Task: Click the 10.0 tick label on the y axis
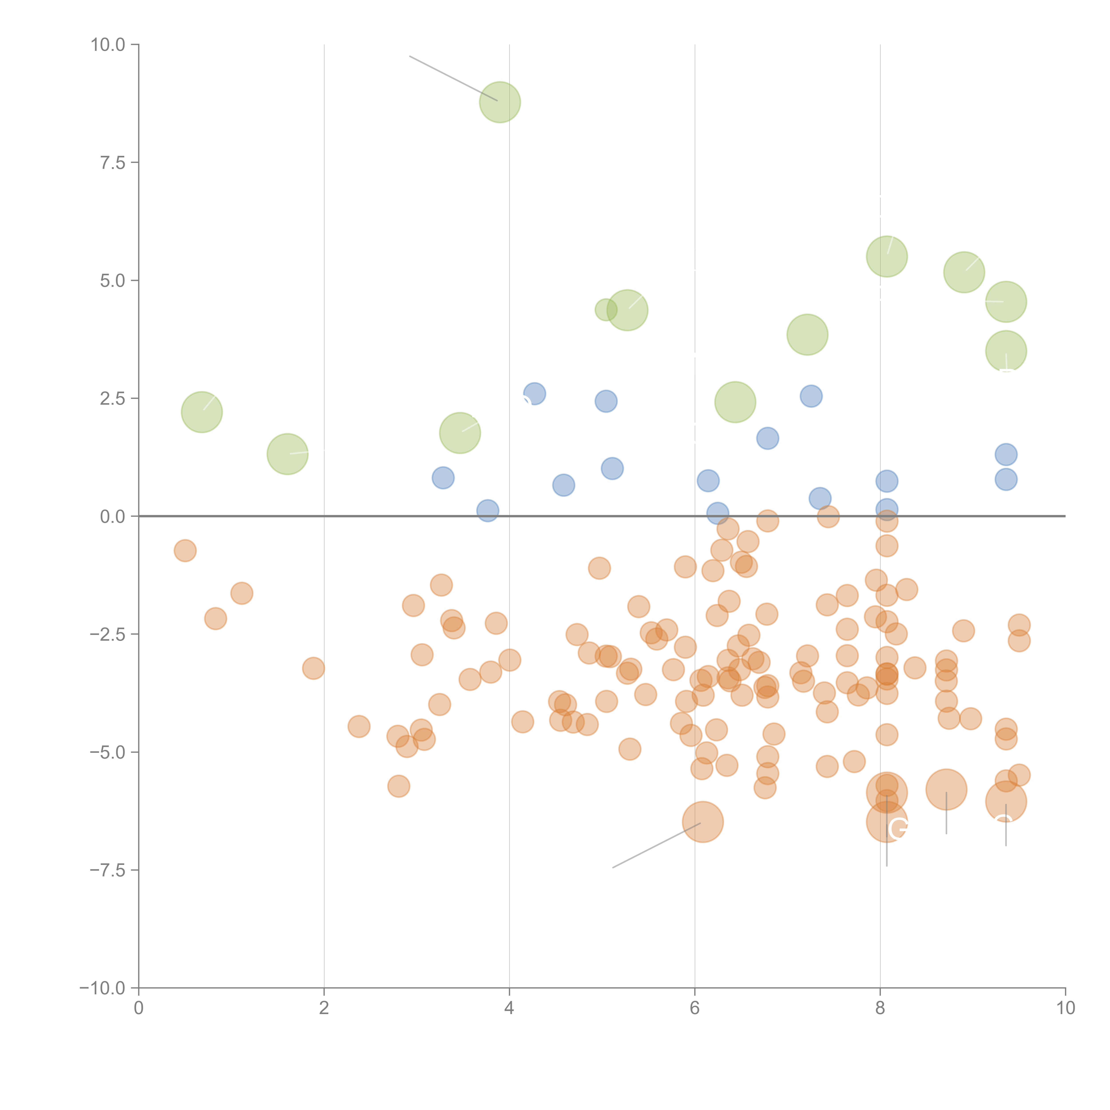(108, 45)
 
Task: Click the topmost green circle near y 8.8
(500, 102)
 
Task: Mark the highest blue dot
(534, 394)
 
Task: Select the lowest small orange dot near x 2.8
(399, 786)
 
